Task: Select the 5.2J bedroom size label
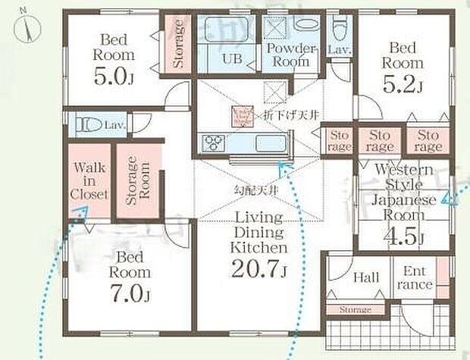(x=403, y=85)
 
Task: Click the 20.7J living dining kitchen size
(x=259, y=268)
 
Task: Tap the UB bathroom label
(x=232, y=58)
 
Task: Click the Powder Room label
(x=289, y=55)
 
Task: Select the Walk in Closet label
(x=89, y=181)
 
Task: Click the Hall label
(x=366, y=278)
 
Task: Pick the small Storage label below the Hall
(x=355, y=310)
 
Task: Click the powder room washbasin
(x=304, y=24)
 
